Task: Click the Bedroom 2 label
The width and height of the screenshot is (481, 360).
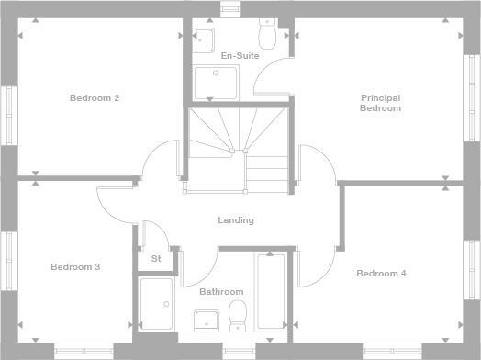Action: (95, 97)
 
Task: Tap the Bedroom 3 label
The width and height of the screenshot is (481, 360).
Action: (75, 267)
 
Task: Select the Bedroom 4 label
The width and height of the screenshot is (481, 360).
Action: (381, 274)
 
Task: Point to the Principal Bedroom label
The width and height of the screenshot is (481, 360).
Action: (380, 103)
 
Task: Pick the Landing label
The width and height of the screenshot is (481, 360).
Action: (236, 220)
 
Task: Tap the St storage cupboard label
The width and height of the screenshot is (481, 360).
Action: (156, 259)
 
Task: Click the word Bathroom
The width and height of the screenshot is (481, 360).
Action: (221, 292)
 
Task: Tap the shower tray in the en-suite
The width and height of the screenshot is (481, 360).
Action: (215, 83)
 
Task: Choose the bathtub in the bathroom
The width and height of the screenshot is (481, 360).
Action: (271, 291)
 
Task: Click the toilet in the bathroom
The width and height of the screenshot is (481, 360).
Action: (238, 314)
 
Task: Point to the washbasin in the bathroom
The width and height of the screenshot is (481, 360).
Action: (206, 319)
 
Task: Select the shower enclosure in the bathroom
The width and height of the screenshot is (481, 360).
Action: (156, 303)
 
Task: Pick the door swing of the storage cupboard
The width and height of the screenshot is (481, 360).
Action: (154, 234)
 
